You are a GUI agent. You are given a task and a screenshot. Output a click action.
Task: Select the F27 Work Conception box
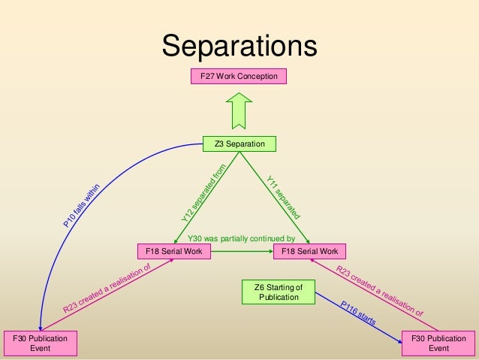(239, 77)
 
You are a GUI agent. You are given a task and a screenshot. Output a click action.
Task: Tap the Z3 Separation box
(239, 144)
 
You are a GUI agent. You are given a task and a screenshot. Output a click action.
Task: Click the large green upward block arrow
(239, 110)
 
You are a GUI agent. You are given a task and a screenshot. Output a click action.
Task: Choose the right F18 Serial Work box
(309, 251)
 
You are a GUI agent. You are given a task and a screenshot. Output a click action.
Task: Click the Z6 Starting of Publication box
(279, 292)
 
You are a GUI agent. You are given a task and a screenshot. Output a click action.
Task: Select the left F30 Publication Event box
(38, 344)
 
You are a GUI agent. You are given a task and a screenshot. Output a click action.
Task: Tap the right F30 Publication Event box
(438, 344)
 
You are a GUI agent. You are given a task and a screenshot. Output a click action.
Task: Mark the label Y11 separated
(283, 196)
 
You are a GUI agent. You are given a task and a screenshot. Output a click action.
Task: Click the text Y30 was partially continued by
(240, 241)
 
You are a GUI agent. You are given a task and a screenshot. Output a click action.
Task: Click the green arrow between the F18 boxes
(240, 251)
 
